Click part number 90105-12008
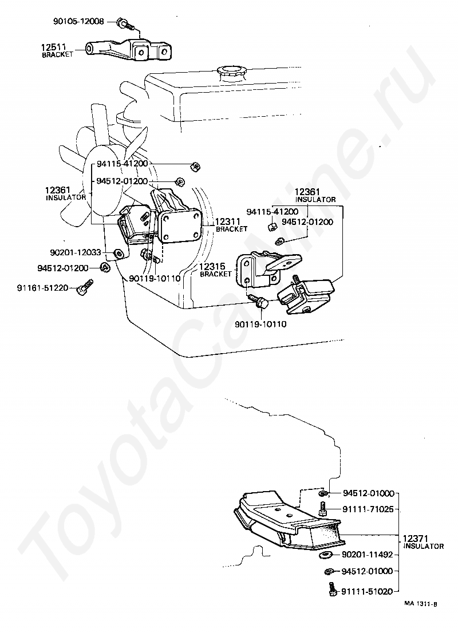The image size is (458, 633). tap(78, 21)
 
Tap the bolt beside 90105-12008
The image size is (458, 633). tap(126, 24)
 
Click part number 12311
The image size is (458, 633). tap(228, 221)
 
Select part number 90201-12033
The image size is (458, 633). tap(76, 252)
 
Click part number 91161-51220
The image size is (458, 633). tap(43, 288)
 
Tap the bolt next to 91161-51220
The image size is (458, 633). tap(85, 286)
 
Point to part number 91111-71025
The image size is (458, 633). tap(368, 509)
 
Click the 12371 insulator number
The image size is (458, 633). tap(416, 539)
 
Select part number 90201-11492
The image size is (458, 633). tap(367, 555)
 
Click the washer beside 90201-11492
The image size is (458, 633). tap(326, 555)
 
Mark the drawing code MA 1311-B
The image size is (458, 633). tap(420, 604)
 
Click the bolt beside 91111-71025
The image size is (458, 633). tap(323, 508)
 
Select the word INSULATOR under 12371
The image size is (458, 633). tap(424, 546)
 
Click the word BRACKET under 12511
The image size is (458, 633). tap(58, 54)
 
